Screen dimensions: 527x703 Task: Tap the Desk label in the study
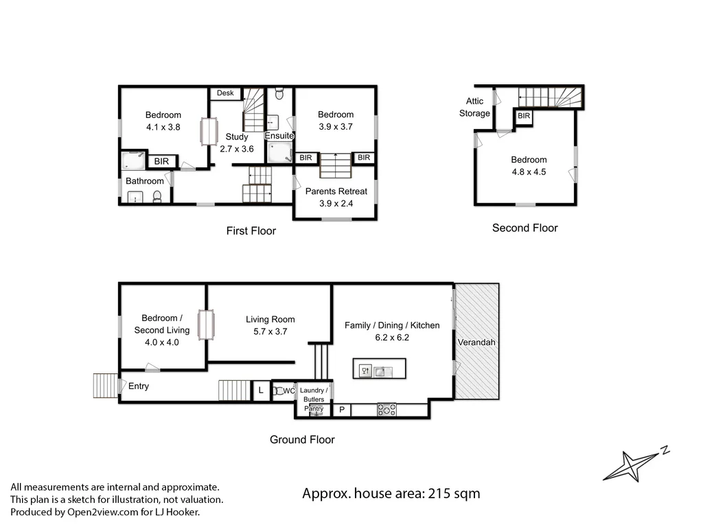(x=225, y=93)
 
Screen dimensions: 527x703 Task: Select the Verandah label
(x=476, y=342)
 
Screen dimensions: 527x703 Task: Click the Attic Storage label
(x=475, y=107)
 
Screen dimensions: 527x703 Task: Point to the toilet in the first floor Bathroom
(x=157, y=197)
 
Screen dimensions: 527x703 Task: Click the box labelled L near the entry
(x=260, y=391)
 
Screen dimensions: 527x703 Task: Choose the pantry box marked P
(x=342, y=410)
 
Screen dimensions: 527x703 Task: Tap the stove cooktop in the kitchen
(x=387, y=410)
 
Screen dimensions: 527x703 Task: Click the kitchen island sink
(x=383, y=371)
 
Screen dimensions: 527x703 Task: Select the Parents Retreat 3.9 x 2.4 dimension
(x=336, y=204)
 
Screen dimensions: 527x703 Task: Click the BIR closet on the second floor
(x=524, y=117)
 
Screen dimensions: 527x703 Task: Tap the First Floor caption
(x=251, y=231)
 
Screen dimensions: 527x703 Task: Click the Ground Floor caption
(x=302, y=440)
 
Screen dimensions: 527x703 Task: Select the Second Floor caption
(x=525, y=228)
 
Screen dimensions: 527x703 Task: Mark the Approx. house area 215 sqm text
(x=391, y=493)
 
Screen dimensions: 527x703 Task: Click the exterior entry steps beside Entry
(x=106, y=385)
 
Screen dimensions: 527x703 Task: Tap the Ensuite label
(x=279, y=136)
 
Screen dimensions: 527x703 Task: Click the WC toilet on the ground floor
(x=279, y=391)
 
